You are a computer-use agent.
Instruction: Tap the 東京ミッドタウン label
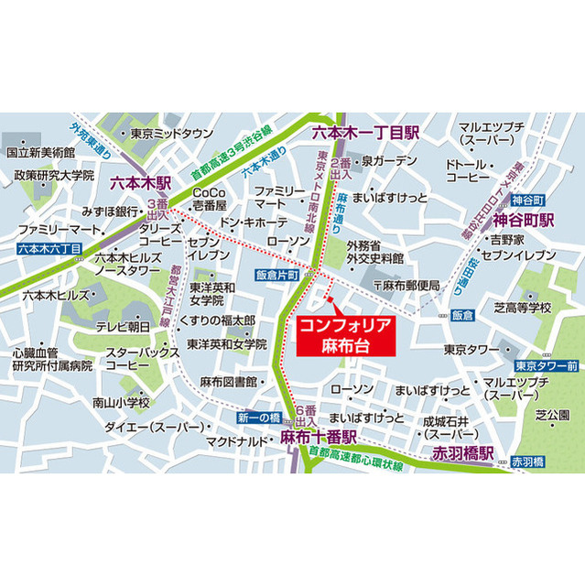tap(171, 133)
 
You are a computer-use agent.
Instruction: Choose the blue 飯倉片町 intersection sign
tap(278, 274)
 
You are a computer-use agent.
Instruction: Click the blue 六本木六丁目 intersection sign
tap(49, 247)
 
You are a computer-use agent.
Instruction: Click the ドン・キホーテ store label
tap(255, 222)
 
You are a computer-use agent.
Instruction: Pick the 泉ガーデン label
tap(389, 160)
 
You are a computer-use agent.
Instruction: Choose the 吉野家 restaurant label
tap(507, 238)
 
